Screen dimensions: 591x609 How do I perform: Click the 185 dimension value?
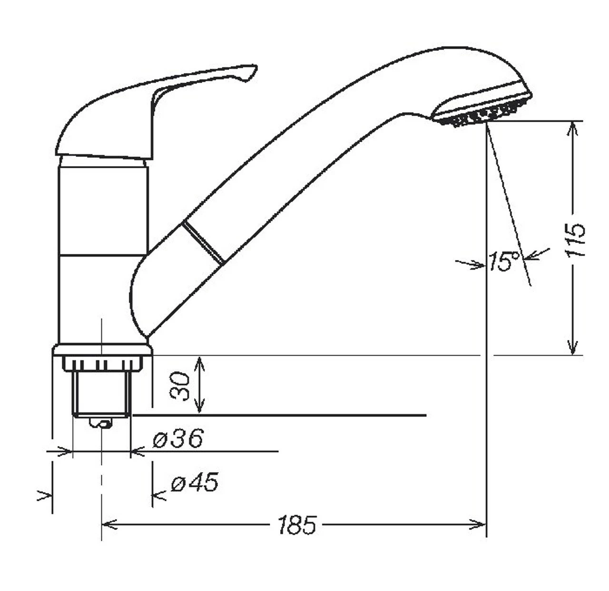[297, 524]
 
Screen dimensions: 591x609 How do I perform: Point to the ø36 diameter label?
[178, 438]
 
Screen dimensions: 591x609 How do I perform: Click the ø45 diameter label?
[195, 483]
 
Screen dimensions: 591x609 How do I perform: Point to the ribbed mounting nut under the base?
[102, 364]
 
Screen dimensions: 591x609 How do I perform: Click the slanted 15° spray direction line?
[509, 204]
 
